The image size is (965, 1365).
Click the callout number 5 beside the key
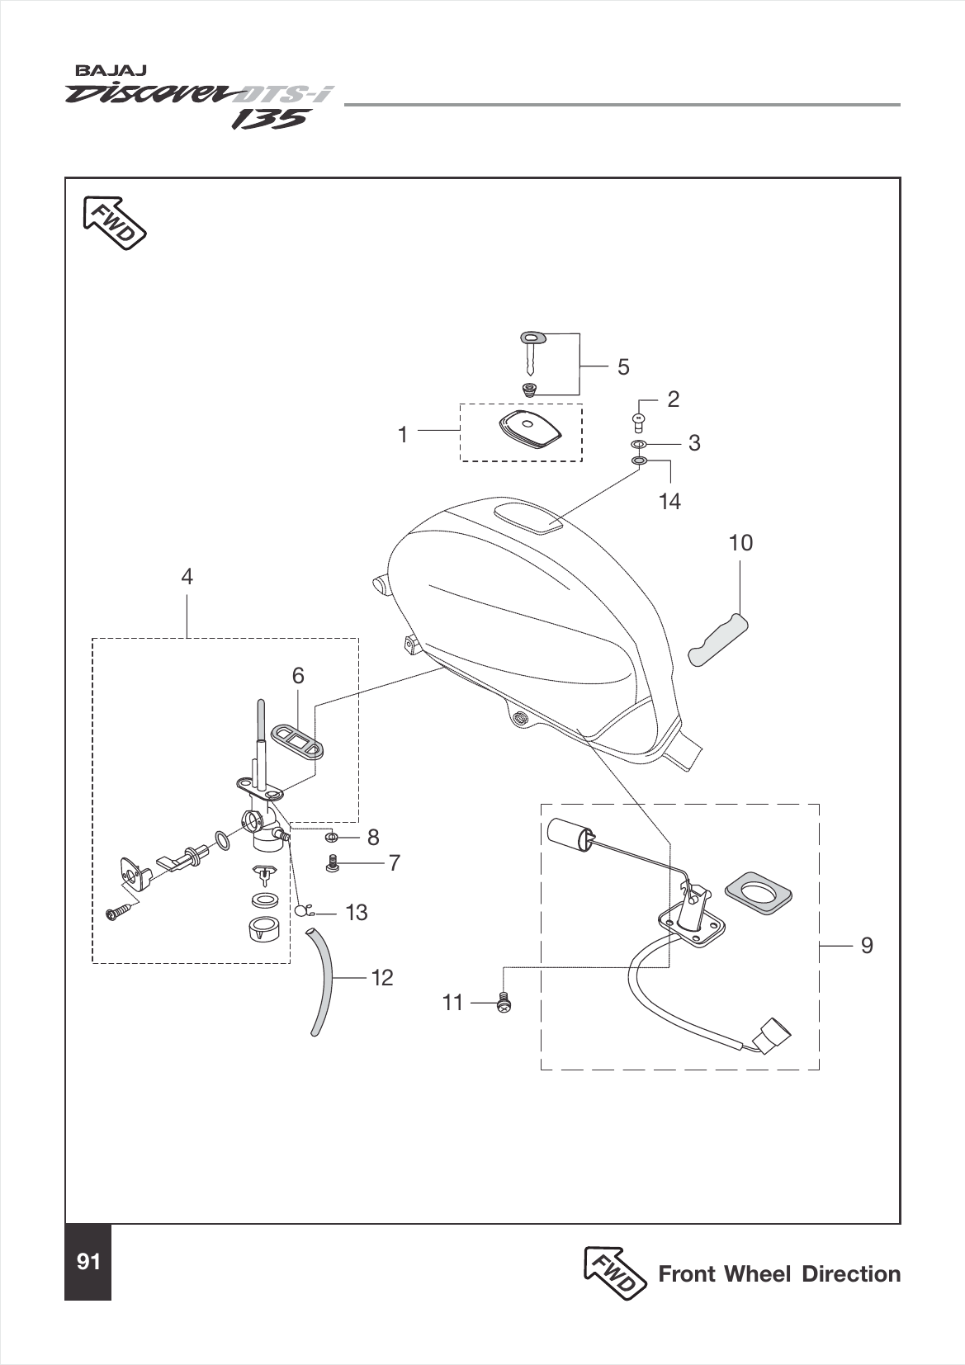point(623,366)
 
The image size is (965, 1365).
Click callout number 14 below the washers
point(669,501)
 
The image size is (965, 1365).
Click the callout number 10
point(740,543)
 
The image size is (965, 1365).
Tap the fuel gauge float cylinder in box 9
point(570,832)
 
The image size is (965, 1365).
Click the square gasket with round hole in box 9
point(758,892)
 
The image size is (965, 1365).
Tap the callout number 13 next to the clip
point(357,913)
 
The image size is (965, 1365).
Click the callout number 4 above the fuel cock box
point(187,576)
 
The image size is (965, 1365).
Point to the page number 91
point(88,1262)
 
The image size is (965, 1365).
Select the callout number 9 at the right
point(866,945)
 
